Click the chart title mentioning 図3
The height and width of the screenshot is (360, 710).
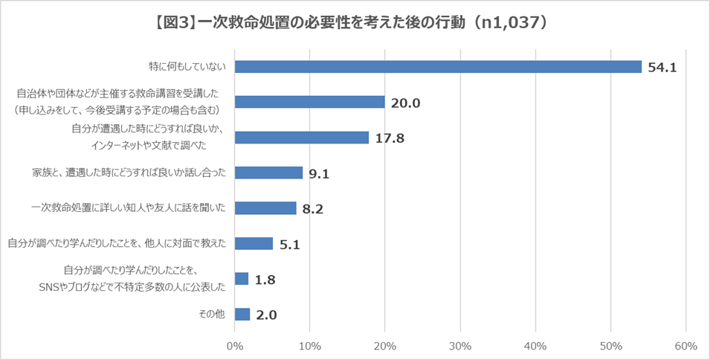[355, 23]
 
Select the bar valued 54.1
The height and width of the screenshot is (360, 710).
[438, 67]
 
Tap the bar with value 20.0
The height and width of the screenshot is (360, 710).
[309, 103]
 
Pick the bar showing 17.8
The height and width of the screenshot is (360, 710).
[301, 138]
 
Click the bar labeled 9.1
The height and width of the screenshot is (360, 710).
[268, 173]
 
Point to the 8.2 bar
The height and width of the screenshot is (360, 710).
[265, 208]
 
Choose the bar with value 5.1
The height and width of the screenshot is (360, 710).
[254, 243]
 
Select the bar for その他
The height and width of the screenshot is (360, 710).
[242, 314]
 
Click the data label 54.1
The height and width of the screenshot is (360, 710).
[662, 68]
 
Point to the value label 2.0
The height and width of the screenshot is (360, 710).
[266, 315]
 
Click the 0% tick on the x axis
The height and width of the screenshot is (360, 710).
[234, 346]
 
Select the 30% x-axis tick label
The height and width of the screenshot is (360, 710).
[460, 346]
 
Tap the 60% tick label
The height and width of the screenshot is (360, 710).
[685, 346]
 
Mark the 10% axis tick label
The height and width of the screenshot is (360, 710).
[309, 346]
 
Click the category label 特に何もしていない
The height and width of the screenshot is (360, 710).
[188, 67]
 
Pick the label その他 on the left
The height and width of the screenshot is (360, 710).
[212, 314]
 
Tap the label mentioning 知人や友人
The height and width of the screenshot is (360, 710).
[129, 208]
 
